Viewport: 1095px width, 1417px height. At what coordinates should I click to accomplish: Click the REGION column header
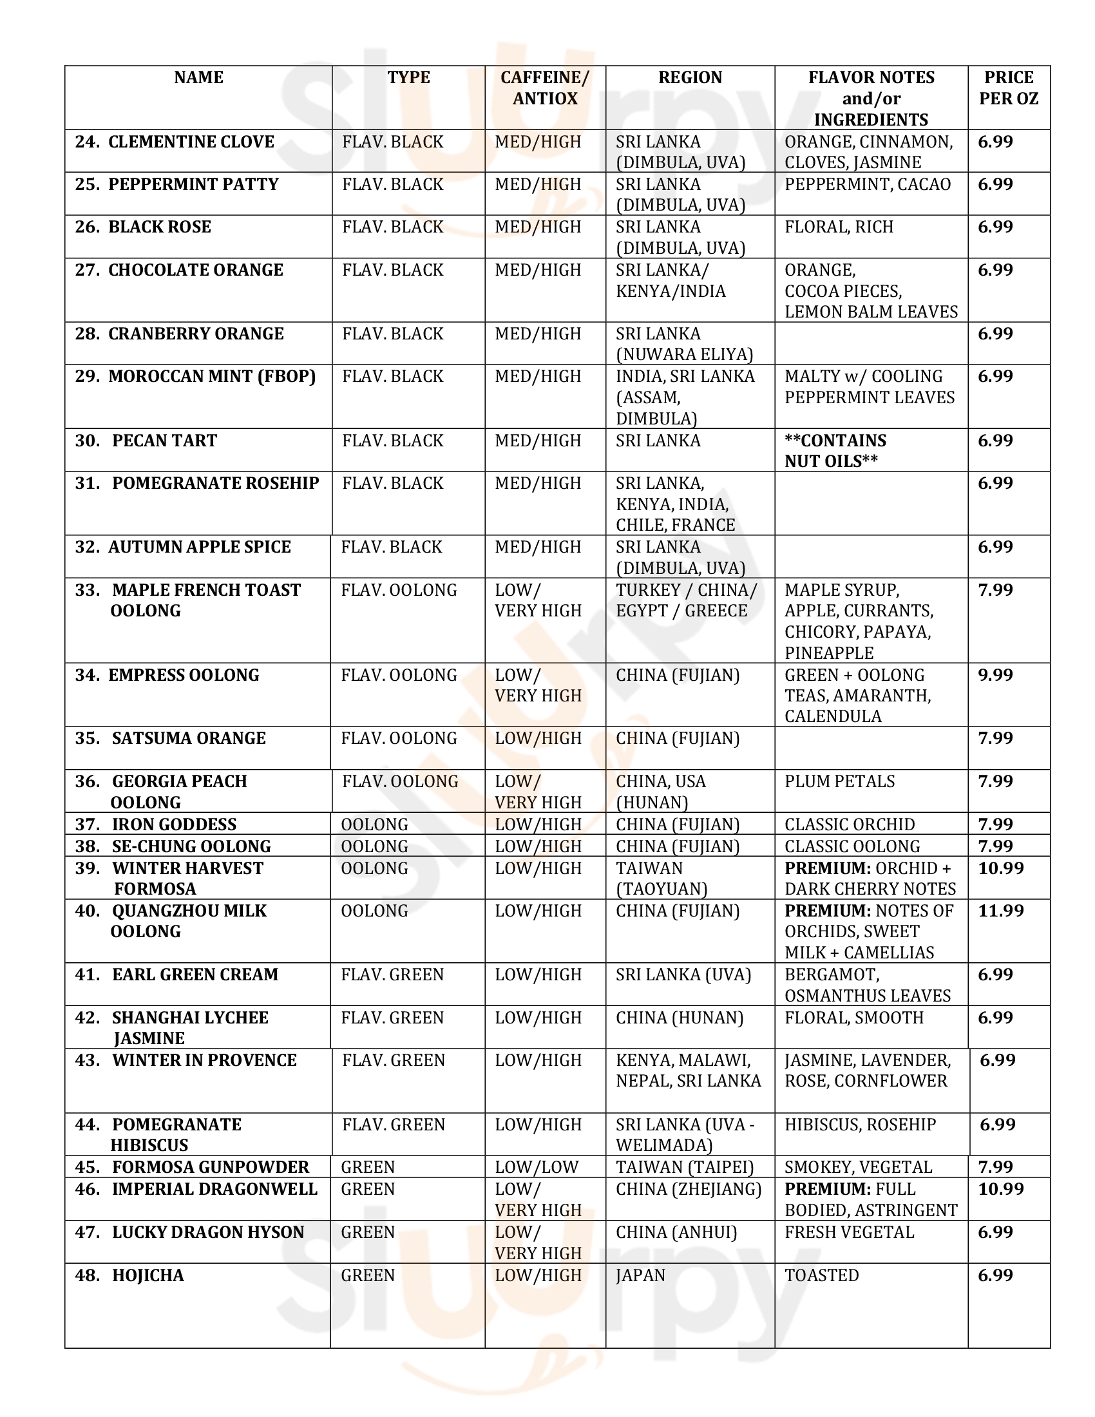point(690,78)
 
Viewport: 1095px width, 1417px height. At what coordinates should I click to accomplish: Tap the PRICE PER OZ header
point(1008,88)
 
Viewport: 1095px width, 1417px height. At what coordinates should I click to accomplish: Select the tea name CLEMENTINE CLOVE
point(191,142)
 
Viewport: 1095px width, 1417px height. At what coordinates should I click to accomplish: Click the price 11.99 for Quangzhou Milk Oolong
point(1001,911)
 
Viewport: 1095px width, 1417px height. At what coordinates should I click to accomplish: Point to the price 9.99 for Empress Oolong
point(995,675)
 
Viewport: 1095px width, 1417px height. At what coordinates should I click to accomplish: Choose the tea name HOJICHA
point(148,1275)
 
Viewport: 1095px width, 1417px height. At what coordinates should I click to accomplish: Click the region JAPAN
point(640,1275)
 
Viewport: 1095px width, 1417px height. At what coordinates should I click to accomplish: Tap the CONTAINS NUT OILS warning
point(835,451)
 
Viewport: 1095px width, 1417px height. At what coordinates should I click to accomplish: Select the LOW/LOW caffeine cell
point(536,1167)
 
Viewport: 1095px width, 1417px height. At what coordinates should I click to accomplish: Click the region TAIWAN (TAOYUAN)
point(661,879)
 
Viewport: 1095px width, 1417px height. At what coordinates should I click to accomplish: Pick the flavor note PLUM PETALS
point(839,781)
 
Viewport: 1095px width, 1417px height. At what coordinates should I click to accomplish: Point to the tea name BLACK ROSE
point(160,227)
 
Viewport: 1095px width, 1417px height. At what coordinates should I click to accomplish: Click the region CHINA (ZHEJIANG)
point(689,1189)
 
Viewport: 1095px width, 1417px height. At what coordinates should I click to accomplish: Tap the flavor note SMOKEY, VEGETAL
point(858,1167)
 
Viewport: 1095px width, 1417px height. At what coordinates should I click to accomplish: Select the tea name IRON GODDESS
point(174,824)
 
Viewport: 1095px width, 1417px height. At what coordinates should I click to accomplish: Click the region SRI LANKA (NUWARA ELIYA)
point(683,344)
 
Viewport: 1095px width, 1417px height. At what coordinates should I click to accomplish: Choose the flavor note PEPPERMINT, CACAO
point(868,184)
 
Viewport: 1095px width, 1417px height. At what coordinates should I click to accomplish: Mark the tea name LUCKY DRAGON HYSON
point(207,1232)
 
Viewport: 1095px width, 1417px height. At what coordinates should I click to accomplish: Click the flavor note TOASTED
point(821,1275)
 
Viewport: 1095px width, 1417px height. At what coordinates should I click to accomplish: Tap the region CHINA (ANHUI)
point(676,1232)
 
